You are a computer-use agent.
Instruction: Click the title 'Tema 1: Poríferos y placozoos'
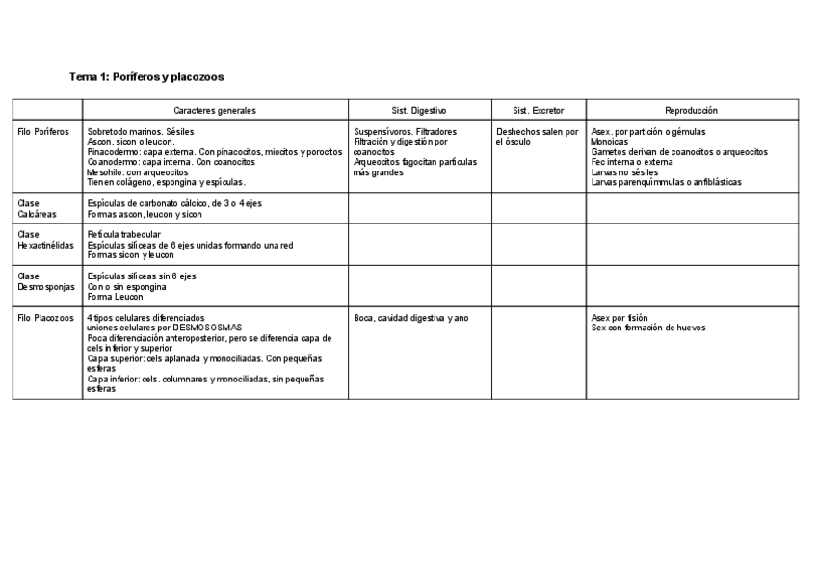(x=146, y=76)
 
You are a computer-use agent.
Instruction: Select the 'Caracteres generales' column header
(x=215, y=111)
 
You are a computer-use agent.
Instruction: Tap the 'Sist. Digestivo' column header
(x=419, y=111)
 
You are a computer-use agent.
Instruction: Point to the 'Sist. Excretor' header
(x=539, y=111)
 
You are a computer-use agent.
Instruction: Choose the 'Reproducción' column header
(x=691, y=111)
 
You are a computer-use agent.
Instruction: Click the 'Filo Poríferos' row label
(x=44, y=132)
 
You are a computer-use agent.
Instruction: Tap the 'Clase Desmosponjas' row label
(x=46, y=281)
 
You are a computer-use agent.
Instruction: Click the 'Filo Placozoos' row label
(x=45, y=318)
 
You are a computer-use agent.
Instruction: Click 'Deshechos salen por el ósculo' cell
(x=538, y=137)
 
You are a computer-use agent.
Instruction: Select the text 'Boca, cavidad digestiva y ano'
(x=411, y=318)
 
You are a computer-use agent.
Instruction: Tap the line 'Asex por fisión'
(x=619, y=318)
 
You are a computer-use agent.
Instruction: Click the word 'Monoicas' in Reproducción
(x=610, y=142)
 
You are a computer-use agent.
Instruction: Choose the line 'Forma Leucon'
(x=115, y=297)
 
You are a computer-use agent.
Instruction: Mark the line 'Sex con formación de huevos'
(x=648, y=328)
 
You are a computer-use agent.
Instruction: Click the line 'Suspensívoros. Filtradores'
(x=406, y=132)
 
